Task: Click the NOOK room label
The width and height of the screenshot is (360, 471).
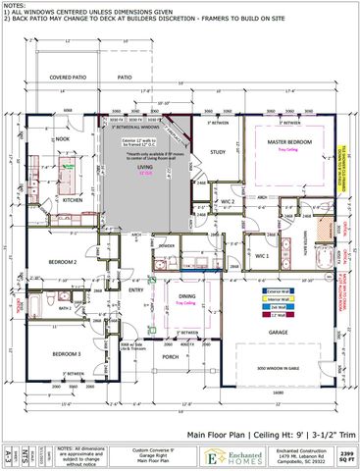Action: click(x=63, y=139)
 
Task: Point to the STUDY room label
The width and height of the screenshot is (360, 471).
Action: click(x=219, y=152)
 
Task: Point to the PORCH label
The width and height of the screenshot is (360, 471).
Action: click(x=171, y=357)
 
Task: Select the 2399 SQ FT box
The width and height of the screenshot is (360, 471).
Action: click(x=346, y=454)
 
